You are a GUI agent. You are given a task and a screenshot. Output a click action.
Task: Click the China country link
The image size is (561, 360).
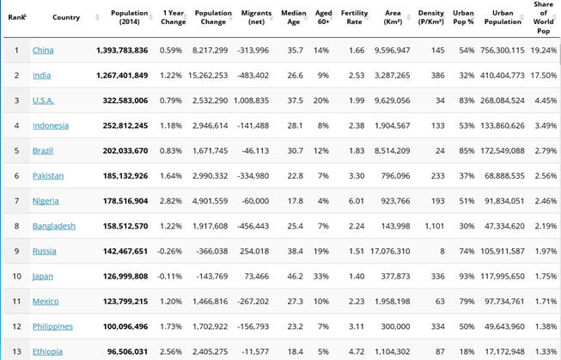pyautogui.click(x=43, y=50)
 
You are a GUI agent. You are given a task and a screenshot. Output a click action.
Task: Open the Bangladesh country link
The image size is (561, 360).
pyautogui.click(x=54, y=226)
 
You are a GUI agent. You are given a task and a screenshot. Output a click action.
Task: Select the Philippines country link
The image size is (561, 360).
pyautogui.click(x=52, y=326)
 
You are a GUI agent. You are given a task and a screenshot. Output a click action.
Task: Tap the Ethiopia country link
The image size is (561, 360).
pyautogui.click(x=47, y=351)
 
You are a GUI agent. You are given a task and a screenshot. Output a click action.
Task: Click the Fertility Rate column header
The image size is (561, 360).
pyautogui.click(x=354, y=17)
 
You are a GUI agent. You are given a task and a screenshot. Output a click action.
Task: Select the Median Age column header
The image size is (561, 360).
pyautogui.click(x=293, y=17)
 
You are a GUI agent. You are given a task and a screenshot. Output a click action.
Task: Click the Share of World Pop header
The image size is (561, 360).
pyautogui.click(x=543, y=17)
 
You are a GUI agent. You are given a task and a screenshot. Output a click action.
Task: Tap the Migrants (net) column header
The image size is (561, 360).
pyautogui.click(x=256, y=17)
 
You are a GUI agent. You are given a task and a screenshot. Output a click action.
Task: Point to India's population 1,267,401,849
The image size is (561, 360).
pyautogui.click(x=122, y=76)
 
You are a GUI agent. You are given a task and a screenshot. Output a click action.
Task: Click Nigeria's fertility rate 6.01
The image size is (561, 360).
pyautogui.click(x=357, y=201)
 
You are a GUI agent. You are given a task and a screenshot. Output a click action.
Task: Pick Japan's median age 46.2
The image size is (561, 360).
pyautogui.click(x=296, y=277)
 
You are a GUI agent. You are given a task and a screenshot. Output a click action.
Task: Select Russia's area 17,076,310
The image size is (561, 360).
pyautogui.click(x=390, y=251)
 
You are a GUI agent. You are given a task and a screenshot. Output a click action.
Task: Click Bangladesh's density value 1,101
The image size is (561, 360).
pyautogui.click(x=435, y=226)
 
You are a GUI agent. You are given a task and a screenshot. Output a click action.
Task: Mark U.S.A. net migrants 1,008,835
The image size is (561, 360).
pyautogui.click(x=251, y=101)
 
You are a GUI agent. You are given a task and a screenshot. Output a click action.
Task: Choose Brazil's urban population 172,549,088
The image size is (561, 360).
pyautogui.click(x=503, y=150)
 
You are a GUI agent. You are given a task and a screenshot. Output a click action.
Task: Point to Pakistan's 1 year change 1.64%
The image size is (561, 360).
pyautogui.click(x=171, y=176)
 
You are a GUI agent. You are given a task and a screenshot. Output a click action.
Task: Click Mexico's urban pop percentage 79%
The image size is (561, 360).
pyautogui.click(x=466, y=302)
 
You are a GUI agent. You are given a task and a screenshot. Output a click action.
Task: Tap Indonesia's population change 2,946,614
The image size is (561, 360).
pyautogui.click(x=210, y=125)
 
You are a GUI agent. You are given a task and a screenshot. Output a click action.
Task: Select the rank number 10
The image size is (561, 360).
pyautogui.click(x=17, y=277)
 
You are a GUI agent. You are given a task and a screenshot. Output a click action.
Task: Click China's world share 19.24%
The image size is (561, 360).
pyautogui.click(x=544, y=51)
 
